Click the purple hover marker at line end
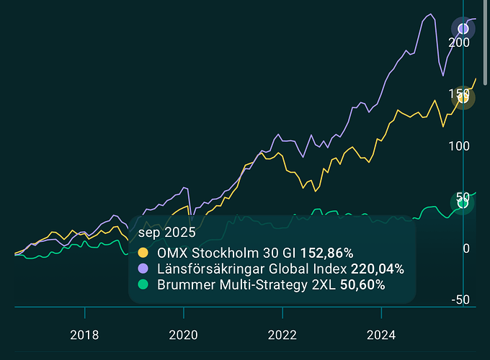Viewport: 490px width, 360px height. (x=463, y=29)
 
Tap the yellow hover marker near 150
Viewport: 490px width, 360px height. (x=463, y=99)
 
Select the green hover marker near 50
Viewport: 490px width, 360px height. (x=463, y=203)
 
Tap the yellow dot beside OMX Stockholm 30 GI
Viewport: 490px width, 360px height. (x=143, y=253)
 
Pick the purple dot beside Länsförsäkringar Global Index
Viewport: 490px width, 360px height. (x=143, y=269)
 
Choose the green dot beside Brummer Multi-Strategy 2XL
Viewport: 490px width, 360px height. (x=143, y=284)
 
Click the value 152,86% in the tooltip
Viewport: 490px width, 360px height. (x=326, y=253)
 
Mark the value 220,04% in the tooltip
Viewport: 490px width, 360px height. (x=378, y=269)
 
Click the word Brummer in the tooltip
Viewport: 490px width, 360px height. (x=181, y=284)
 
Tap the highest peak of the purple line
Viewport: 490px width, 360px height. (x=430, y=14)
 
